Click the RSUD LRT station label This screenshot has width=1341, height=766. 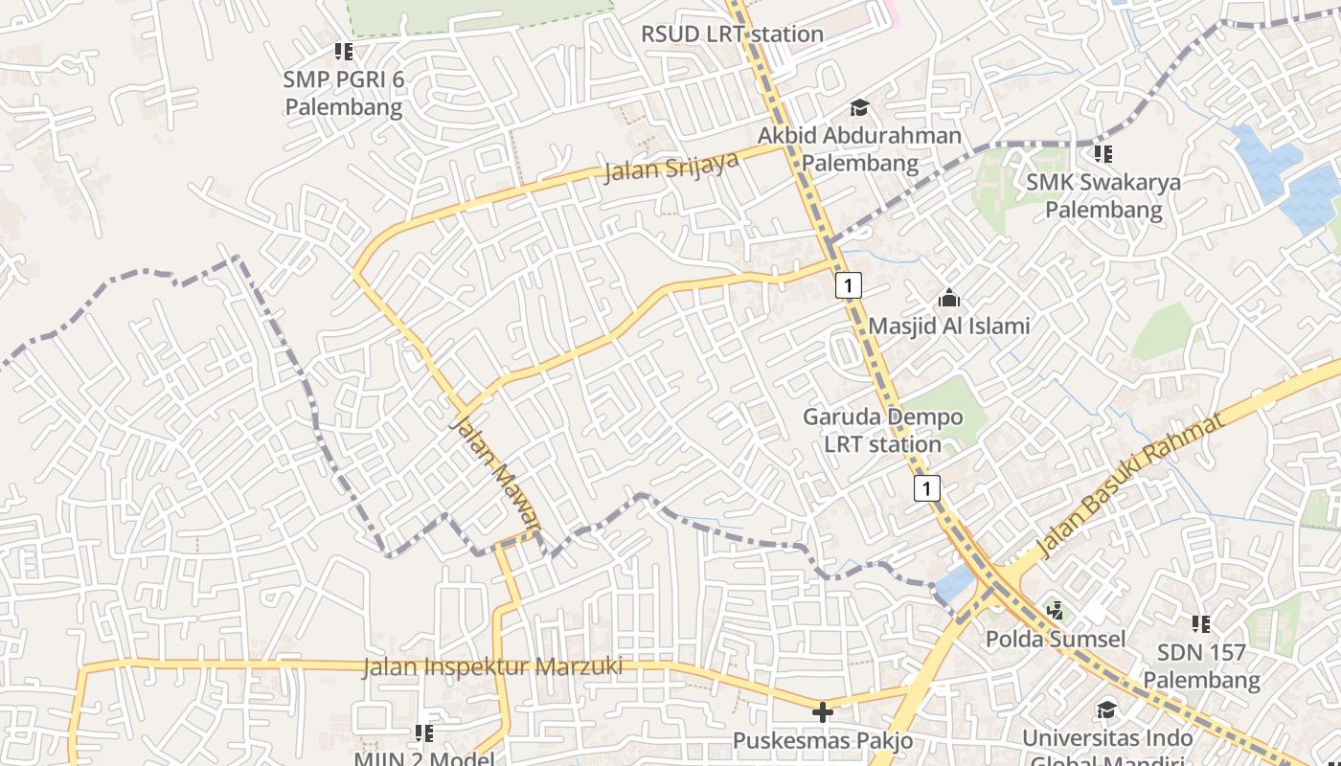click(732, 34)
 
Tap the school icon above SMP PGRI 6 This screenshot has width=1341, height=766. click(344, 52)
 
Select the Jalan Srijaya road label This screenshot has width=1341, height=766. click(670, 167)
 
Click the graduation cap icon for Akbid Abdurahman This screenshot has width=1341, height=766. click(858, 108)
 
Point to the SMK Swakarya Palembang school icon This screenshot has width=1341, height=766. click(1103, 153)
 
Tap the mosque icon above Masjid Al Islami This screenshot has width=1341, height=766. click(949, 298)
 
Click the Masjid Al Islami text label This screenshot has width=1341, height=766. click(949, 326)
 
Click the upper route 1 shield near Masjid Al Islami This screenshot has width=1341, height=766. click(849, 284)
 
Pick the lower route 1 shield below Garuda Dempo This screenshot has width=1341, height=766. click(926, 488)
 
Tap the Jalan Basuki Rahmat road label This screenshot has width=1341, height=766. click(1131, 487)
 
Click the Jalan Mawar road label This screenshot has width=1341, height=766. click(495, 470)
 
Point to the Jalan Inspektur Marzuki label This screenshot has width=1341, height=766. click(492, 666)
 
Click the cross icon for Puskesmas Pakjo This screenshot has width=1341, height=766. click(822, 712)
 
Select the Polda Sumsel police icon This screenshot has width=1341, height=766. click(1056, 610)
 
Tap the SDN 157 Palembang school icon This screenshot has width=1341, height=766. click(1201, 624)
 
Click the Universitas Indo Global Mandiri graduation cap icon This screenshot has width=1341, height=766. click(1106, 710)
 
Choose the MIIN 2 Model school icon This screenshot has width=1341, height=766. click(424, 733)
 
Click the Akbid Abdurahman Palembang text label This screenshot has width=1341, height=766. click(859, 149)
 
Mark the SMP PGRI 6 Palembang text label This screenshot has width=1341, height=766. click(344, 93)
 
